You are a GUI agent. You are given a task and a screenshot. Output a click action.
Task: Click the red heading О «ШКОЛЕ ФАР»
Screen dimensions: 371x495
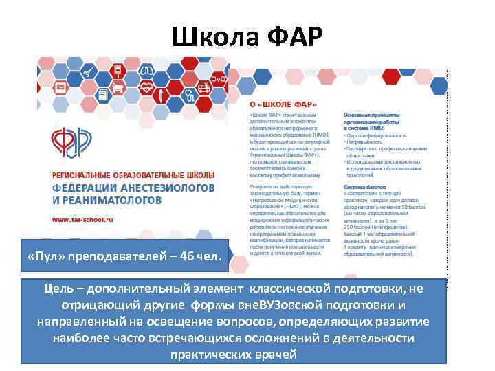(278, 104)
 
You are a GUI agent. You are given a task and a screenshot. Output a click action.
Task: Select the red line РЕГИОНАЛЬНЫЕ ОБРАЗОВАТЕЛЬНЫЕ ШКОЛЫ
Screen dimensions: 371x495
(134, 175)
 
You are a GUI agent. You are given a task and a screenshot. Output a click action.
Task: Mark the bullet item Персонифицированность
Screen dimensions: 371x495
(375, 136)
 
